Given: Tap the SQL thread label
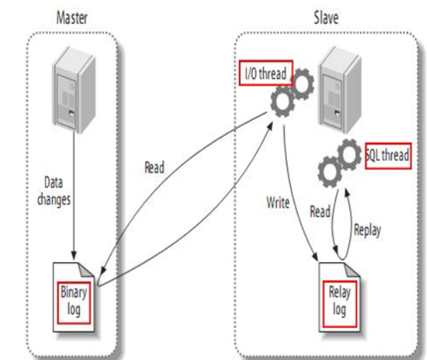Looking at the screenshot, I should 387,156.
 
